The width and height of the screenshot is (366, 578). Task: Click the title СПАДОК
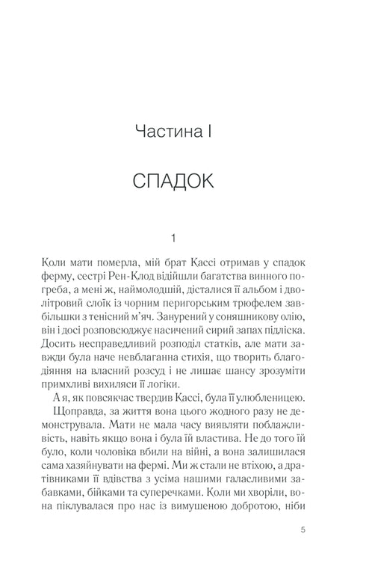click(x=182, y=182)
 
